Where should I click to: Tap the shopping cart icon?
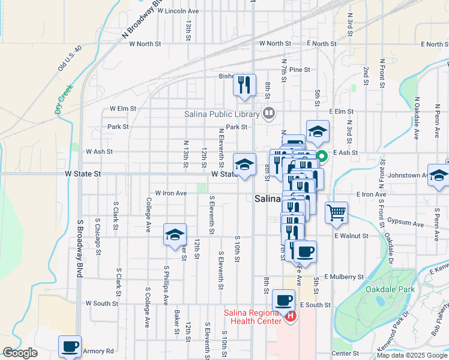[337, 212]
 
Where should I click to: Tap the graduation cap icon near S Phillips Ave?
[174, 235]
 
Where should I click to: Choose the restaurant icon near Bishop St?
[244, 85]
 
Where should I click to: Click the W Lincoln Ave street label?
[173, 11]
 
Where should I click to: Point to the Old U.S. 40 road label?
[69, 58]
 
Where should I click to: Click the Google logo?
[20, 353]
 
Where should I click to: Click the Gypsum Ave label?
[406, 222]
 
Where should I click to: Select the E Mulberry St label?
[344, 277]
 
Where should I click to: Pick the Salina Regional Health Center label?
[253, 316]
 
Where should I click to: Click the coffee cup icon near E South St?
[283, 300]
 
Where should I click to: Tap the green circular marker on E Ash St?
[321, 158]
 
